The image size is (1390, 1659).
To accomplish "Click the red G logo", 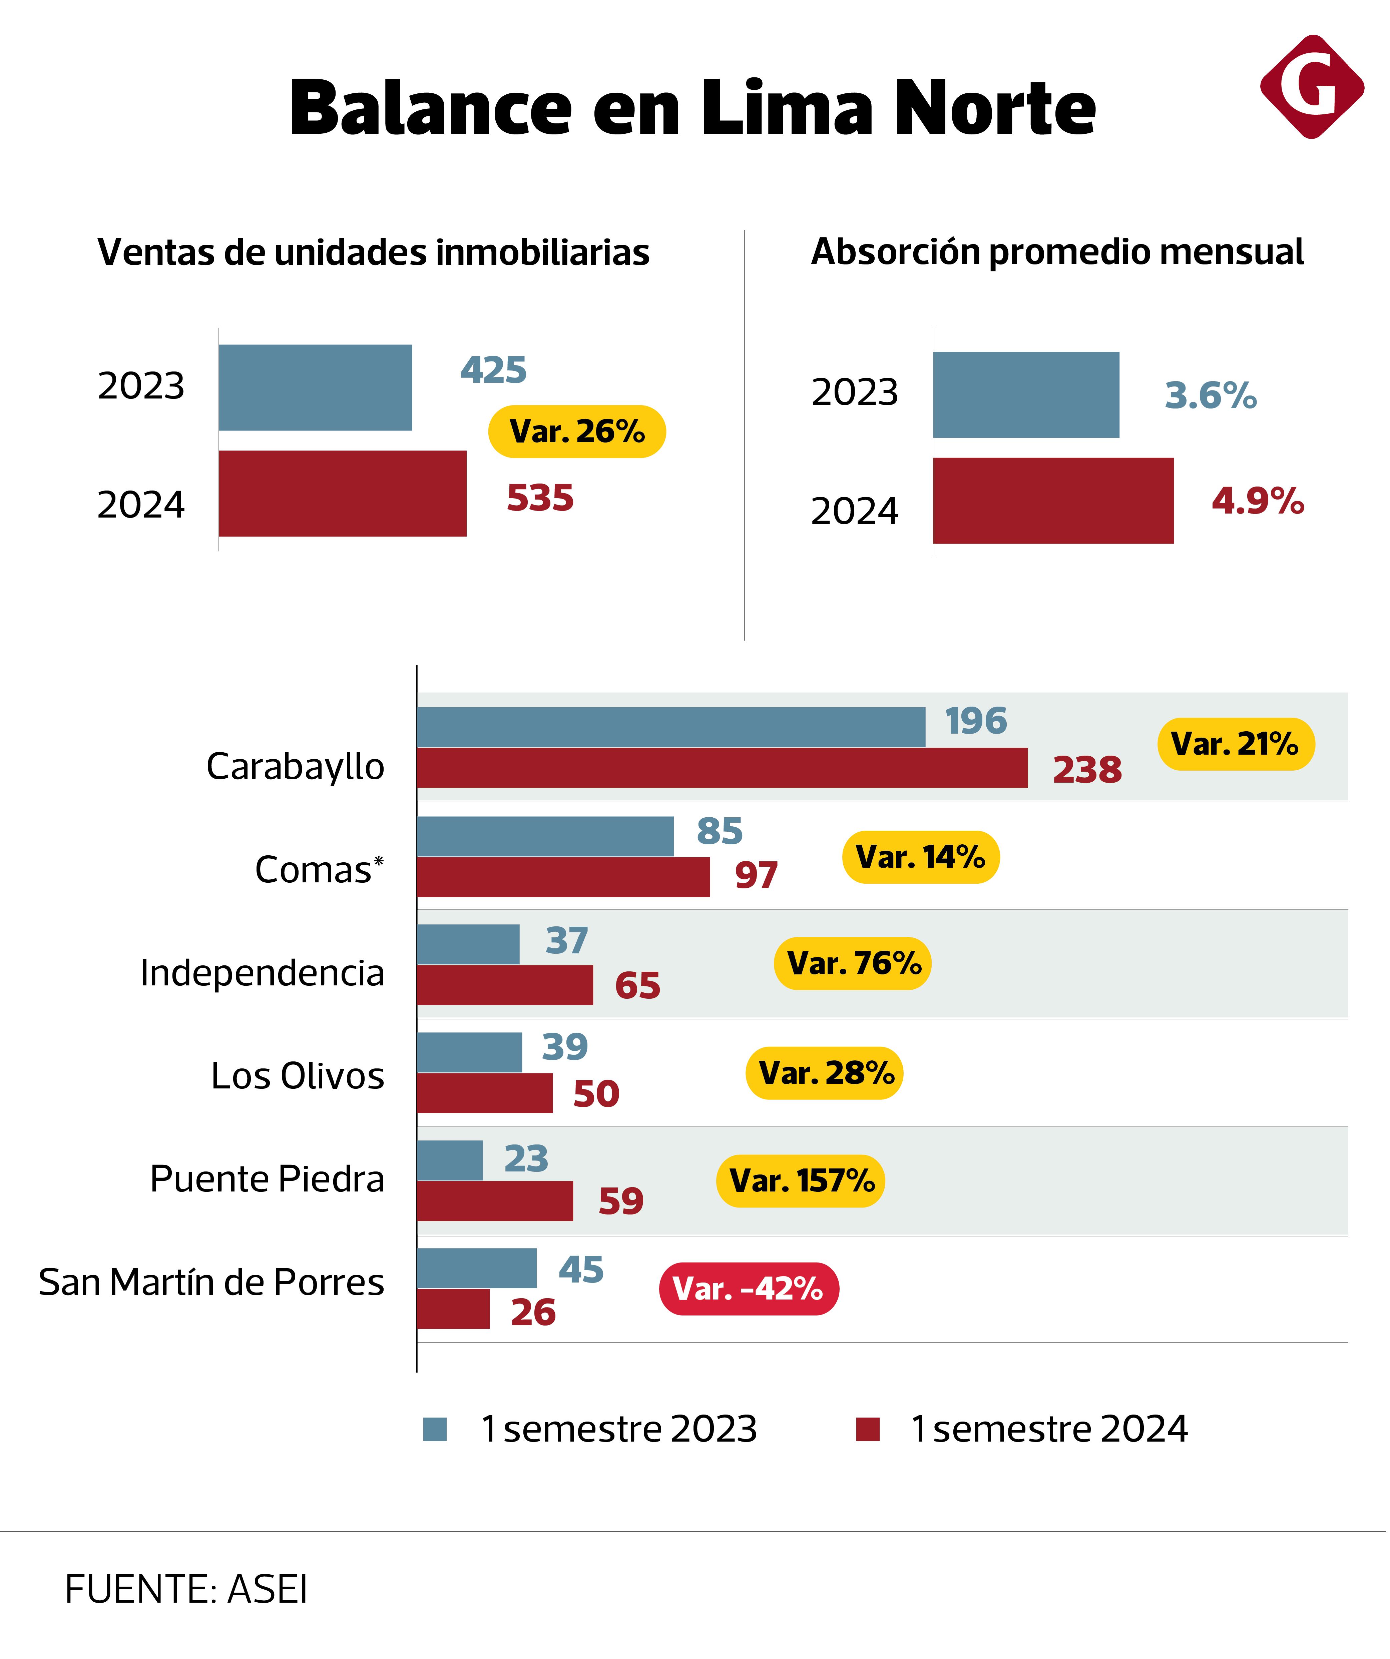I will (1312, 87).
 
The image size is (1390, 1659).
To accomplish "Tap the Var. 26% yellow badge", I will (577, 432).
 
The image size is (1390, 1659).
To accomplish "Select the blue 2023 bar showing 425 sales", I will (315, 387).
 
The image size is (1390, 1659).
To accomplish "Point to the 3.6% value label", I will (1210, 395).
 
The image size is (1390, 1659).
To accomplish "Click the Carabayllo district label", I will (295, 766).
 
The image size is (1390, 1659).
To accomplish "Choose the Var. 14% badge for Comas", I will (921, 857).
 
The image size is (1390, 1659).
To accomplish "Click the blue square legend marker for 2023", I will (435, 1429).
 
